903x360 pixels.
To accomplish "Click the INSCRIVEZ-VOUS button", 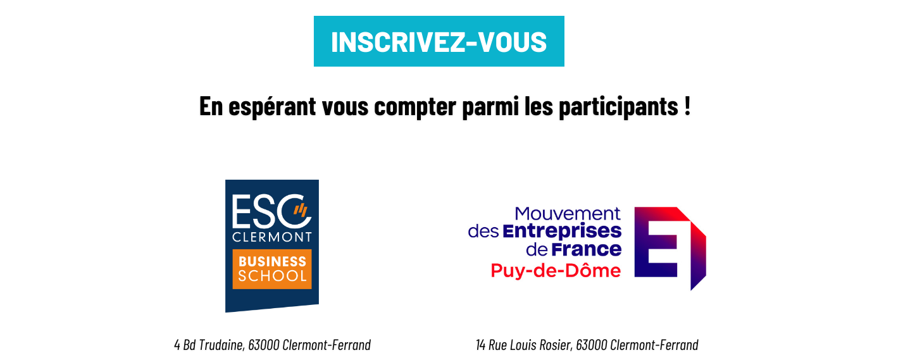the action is point(439,41).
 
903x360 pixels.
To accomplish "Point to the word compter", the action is point(415,108).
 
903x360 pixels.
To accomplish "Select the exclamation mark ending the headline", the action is point(687,106).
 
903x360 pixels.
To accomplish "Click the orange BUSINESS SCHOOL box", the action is point(272,269).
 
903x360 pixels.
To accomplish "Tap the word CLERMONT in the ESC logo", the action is point(272,237).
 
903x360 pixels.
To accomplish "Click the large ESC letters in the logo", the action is point(271,211).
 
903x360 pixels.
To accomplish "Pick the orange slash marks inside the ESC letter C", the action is point(301,209).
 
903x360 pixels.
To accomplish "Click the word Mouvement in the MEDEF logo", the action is point(568,214).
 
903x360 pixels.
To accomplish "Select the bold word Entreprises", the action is point(562,232).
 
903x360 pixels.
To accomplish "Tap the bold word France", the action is point(587,249).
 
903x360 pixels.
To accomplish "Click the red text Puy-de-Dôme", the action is point(556,271).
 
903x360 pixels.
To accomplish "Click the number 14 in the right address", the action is point(480,345).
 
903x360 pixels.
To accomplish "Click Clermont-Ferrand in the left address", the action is point(327,345).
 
